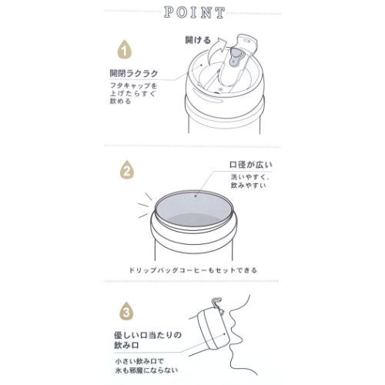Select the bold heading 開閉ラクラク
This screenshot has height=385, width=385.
point(136,74)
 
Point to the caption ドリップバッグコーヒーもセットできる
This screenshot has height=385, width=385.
point(192,271)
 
